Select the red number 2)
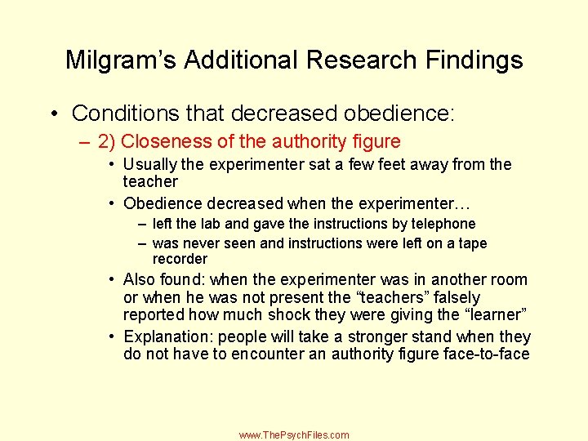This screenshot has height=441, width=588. pos(107,140)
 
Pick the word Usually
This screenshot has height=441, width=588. pos(150,164)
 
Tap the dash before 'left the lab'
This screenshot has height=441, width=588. pos(143,223)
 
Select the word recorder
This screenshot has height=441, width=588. pos(180,259)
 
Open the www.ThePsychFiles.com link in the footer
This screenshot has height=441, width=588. pos(294,435)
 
